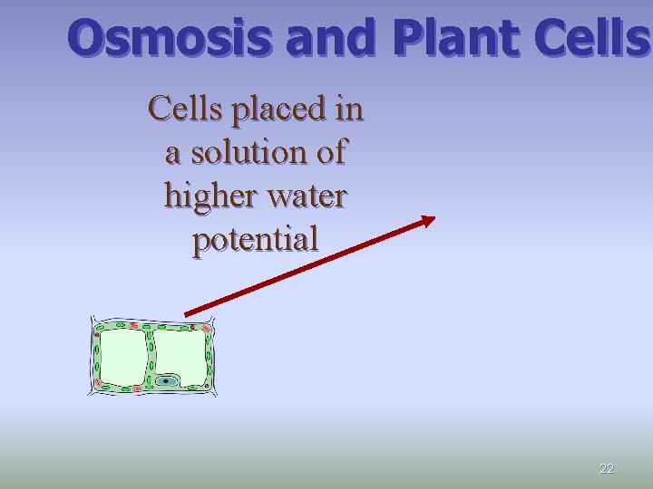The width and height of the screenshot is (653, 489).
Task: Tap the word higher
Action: [205, 196]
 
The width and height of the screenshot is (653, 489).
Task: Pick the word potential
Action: [255, 239]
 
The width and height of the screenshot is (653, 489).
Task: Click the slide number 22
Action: [607, 468]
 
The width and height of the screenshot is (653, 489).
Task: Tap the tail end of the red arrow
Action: [187, 313]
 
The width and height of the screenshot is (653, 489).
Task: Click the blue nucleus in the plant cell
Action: [165, 381]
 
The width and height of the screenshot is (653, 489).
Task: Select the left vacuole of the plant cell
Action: [122, 356]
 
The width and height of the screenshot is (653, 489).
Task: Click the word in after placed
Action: [348, 109]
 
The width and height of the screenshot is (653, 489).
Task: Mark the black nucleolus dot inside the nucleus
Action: [165, 381]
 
